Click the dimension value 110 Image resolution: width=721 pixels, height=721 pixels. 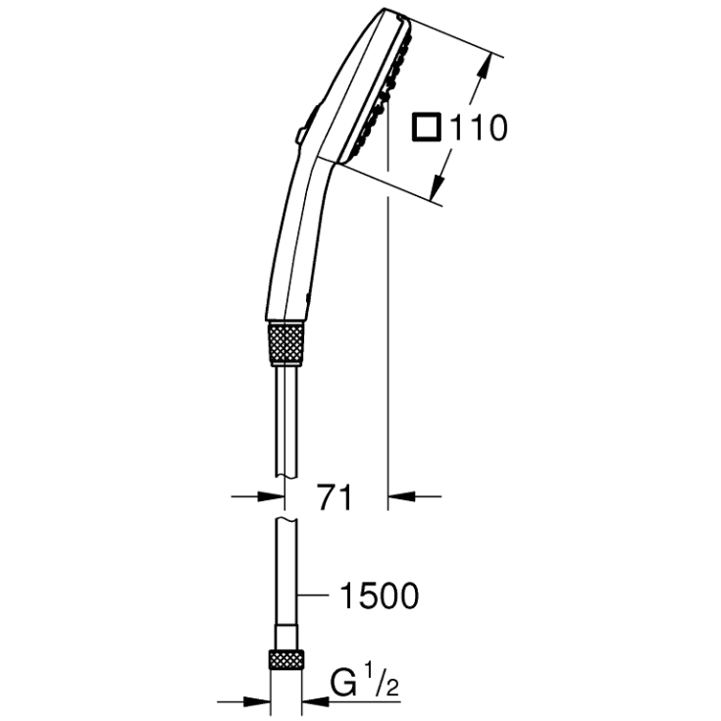click(x=479, y=127)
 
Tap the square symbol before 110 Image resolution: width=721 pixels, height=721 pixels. click(x=427, y=128)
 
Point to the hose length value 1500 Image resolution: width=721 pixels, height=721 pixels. click(x=378, y=595)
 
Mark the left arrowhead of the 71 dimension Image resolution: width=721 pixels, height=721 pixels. click(x=264, y=497)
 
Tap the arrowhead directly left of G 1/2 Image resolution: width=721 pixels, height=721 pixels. click(x=314, y=700)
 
